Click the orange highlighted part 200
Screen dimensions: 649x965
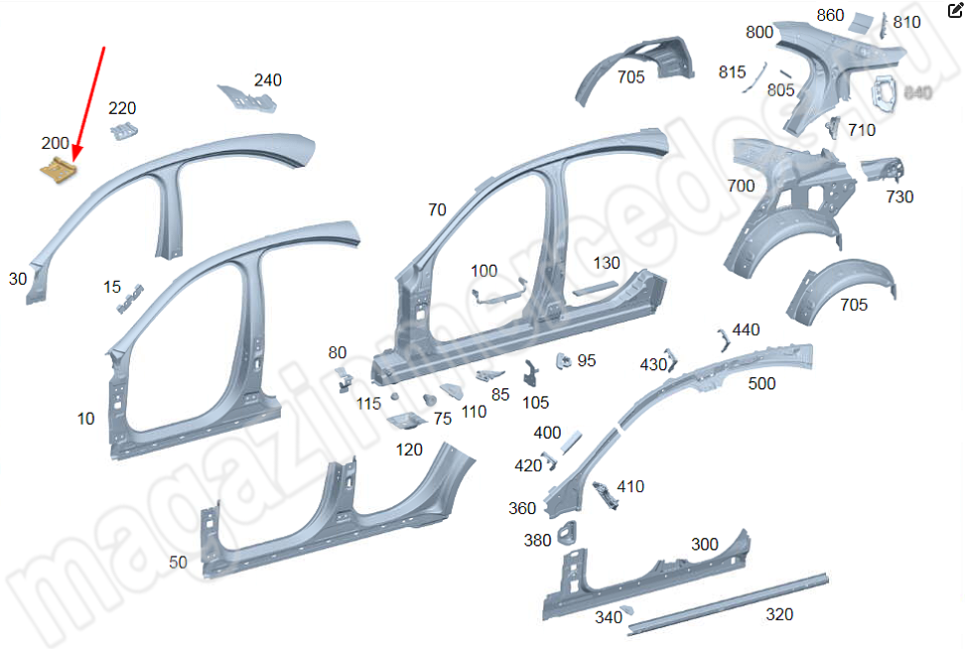pos(59,170)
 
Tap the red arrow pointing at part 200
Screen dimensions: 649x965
pos(90,99)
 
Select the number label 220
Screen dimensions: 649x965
pos(122,108)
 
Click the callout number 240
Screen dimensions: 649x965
pos(267,80)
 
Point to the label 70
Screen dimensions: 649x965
pos(437,209)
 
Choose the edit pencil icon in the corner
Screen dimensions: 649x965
pos(955,11)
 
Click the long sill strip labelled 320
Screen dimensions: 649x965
pos(725,601)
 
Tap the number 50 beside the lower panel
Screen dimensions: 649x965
pos(178,563)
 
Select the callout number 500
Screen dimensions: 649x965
pos(761,384)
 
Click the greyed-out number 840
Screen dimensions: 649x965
pos(918,92)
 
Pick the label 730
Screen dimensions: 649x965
pos(899,196)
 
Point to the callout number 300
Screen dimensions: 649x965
pos(704,544)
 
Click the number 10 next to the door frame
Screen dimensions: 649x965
pos(86,419)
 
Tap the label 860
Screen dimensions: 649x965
pos(830,15)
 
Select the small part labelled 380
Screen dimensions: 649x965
pos(570,534)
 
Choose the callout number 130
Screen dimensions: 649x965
pos(607,263)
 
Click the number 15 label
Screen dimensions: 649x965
pos(112,287)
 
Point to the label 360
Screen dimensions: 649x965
pos(522,508)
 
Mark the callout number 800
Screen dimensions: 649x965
pos(758,32)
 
